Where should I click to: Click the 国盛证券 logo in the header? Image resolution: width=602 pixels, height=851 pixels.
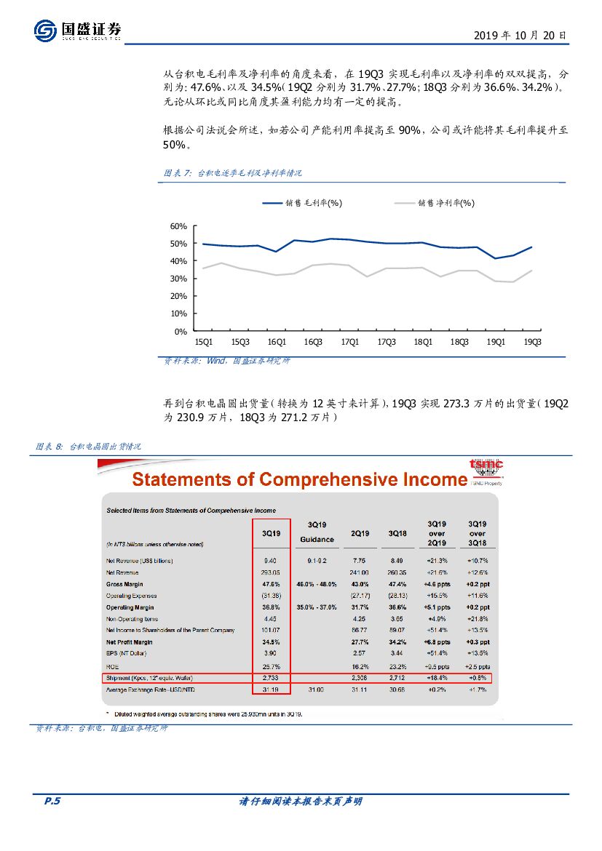77,31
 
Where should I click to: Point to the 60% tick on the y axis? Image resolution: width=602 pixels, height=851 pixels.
178,226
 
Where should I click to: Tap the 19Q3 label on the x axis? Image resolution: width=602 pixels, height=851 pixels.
533,342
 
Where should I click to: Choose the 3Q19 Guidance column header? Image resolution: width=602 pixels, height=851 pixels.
317,532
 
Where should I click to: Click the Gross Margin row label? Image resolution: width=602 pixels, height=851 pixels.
124,584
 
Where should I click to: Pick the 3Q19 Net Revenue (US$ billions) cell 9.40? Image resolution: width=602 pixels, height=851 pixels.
271,561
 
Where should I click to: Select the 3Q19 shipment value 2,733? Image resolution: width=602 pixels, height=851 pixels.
271,678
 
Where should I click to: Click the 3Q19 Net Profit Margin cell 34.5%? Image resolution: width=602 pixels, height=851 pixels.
271,642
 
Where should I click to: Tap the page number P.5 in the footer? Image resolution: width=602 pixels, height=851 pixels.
52,802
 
